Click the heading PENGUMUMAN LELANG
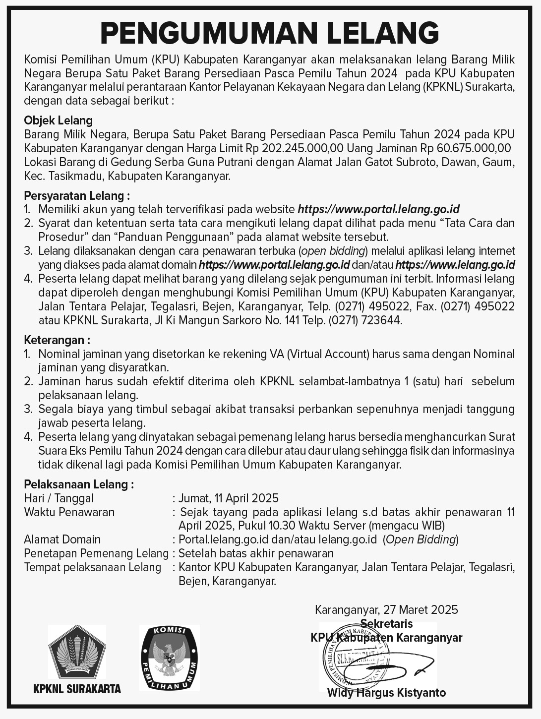pos(270,33)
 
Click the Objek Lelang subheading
pos(58,120)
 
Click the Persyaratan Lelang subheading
pos(77,196)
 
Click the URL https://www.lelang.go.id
pos(455,264)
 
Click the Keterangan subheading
pos(57,340)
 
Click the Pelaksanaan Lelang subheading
pos(79,484)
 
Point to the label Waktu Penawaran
pos(69,512)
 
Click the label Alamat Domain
pos(62,539)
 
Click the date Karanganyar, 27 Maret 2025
pos(386,609)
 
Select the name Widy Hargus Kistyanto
pos(386,692)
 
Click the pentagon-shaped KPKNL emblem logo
pos(77,652)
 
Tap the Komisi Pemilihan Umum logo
pos(169,658)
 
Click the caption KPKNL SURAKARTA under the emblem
pos(77,689)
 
